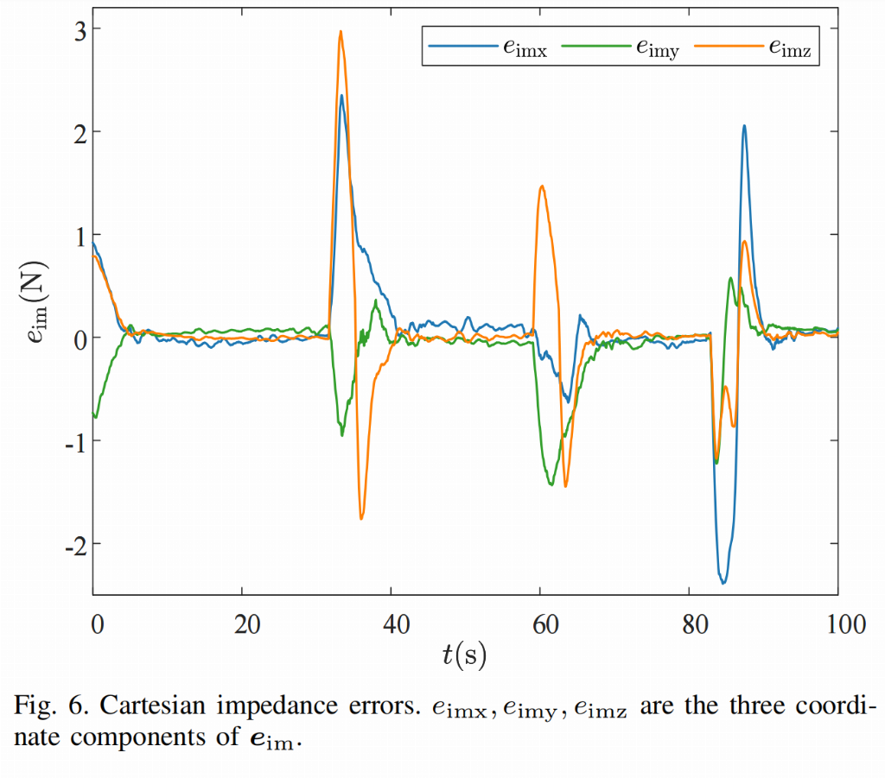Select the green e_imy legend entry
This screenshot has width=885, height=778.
619,49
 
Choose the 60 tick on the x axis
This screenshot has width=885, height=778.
540,623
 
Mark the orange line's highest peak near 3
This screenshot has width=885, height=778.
341,32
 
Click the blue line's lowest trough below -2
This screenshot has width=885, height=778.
723,583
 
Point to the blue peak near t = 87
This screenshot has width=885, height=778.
743,126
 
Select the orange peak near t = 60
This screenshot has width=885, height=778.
542,187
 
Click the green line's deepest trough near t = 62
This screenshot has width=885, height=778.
551,484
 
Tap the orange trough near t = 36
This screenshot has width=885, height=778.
361,518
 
